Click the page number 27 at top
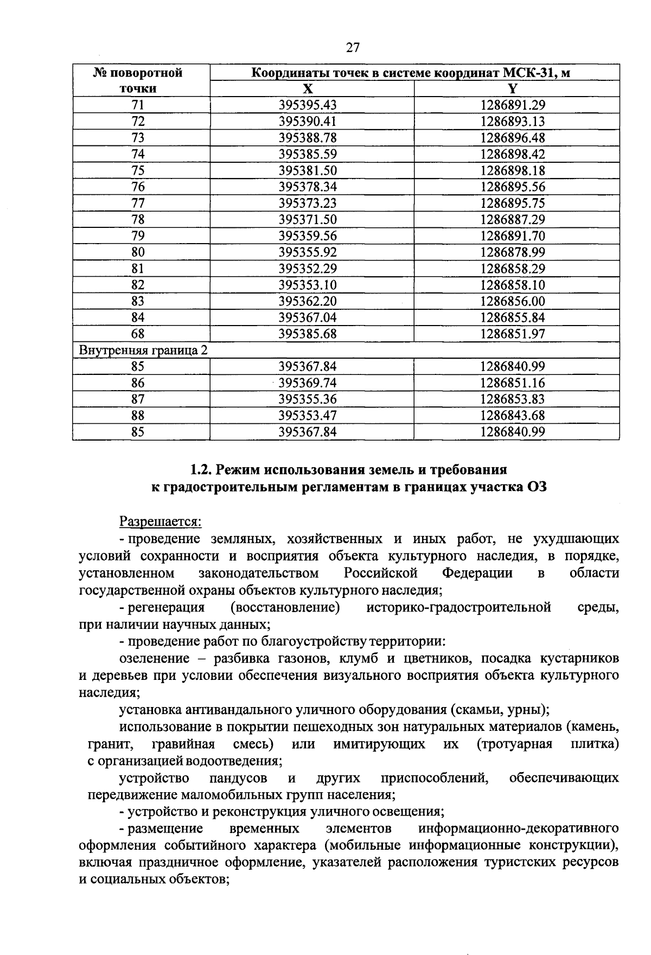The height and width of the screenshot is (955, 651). click(353, 48)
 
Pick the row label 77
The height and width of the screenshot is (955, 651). click(138, 203)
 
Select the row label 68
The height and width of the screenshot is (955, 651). click(138, 334)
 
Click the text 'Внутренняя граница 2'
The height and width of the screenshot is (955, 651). click(143, 350)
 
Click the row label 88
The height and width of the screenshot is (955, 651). click(138, 416)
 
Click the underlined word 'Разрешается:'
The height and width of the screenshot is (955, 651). click(160, 521)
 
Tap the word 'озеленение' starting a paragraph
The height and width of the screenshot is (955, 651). click(154, 658)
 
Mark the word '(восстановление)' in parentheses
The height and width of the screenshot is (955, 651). click(285, 607)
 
